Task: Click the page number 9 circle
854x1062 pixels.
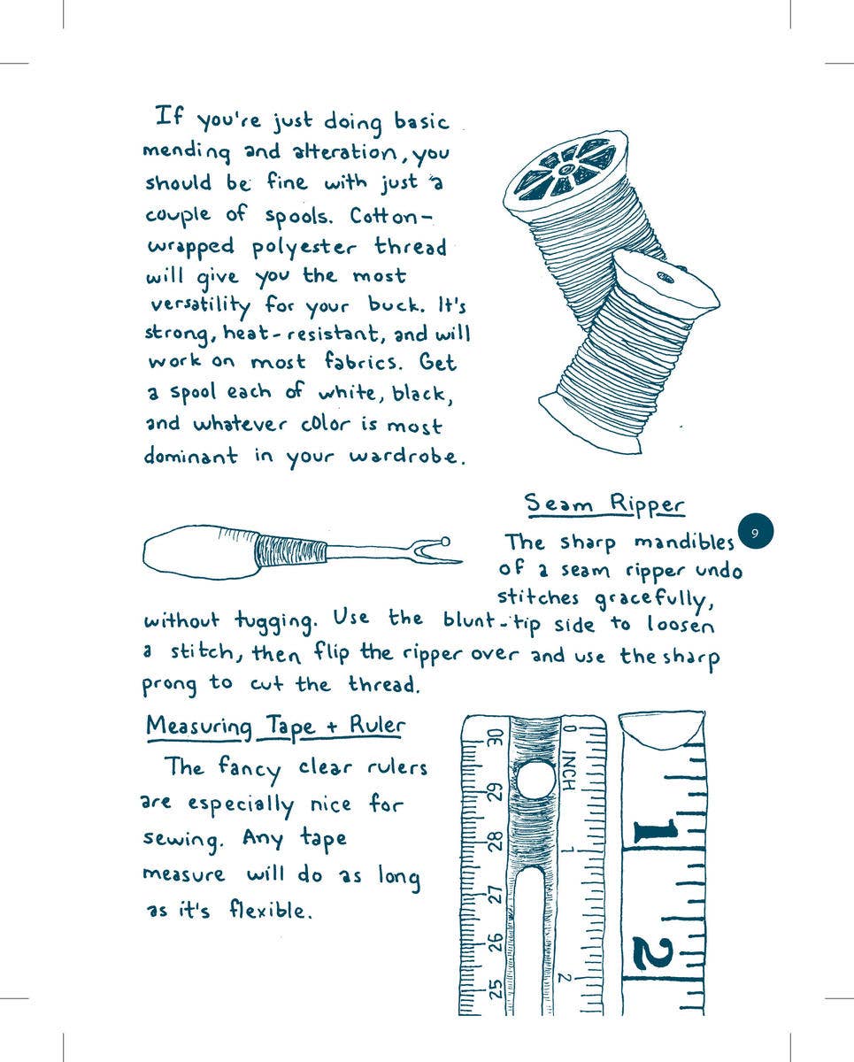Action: (x=755, y=533)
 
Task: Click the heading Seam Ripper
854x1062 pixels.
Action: (x=604, y=504)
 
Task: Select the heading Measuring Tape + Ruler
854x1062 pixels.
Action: (x=275, y=727)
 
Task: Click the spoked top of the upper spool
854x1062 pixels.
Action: (x=566, y=168)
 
